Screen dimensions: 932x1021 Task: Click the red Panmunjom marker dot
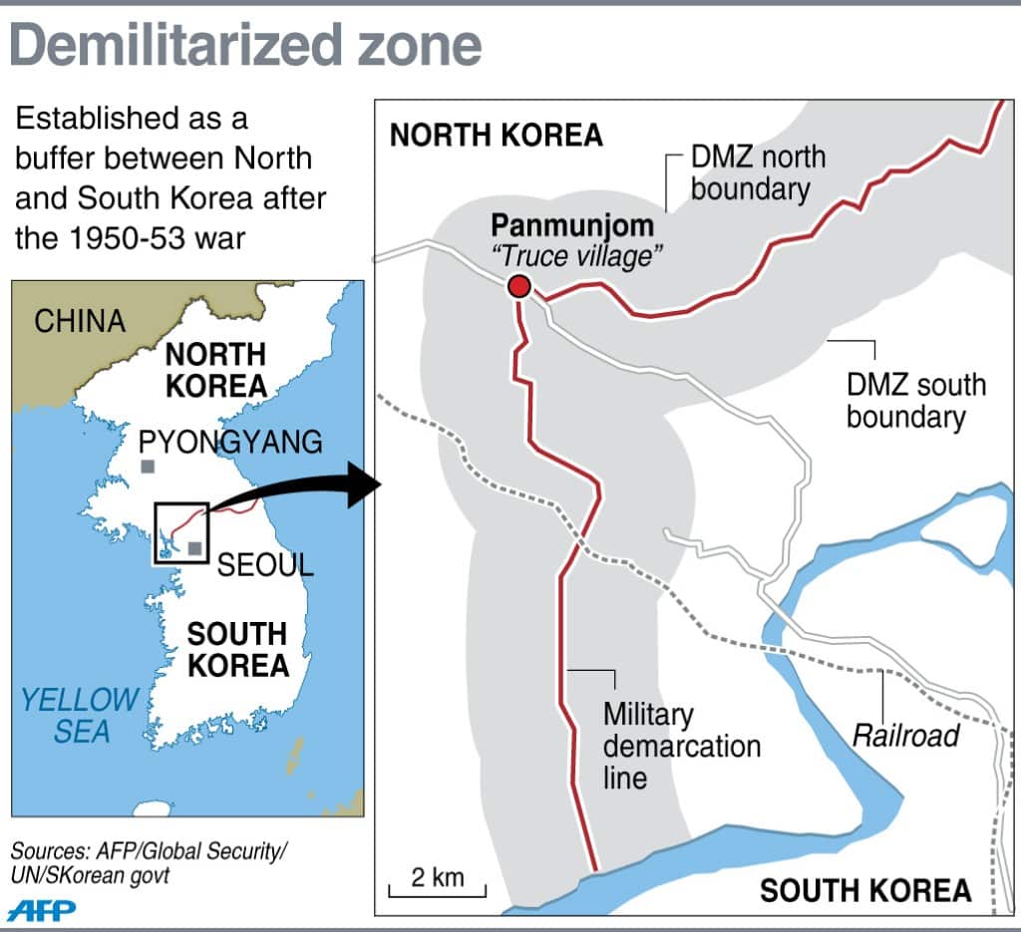[518, 287]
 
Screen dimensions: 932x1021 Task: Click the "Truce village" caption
[577, 255]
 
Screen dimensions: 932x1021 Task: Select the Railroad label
[905, 736]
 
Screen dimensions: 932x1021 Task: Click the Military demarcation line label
[681, 746]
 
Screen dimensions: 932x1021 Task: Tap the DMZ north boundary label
[758, 171]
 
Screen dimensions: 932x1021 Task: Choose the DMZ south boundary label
[915, 400]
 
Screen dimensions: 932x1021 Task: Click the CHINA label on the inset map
[80, 321]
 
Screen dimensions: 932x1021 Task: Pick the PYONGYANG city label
[230, 442]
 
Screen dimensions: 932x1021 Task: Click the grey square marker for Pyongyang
[148, 466]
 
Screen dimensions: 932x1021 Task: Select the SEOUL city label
[265, 564]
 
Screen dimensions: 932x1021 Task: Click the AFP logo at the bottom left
[41, 909]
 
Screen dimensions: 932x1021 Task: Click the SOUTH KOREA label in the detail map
[865, 889]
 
